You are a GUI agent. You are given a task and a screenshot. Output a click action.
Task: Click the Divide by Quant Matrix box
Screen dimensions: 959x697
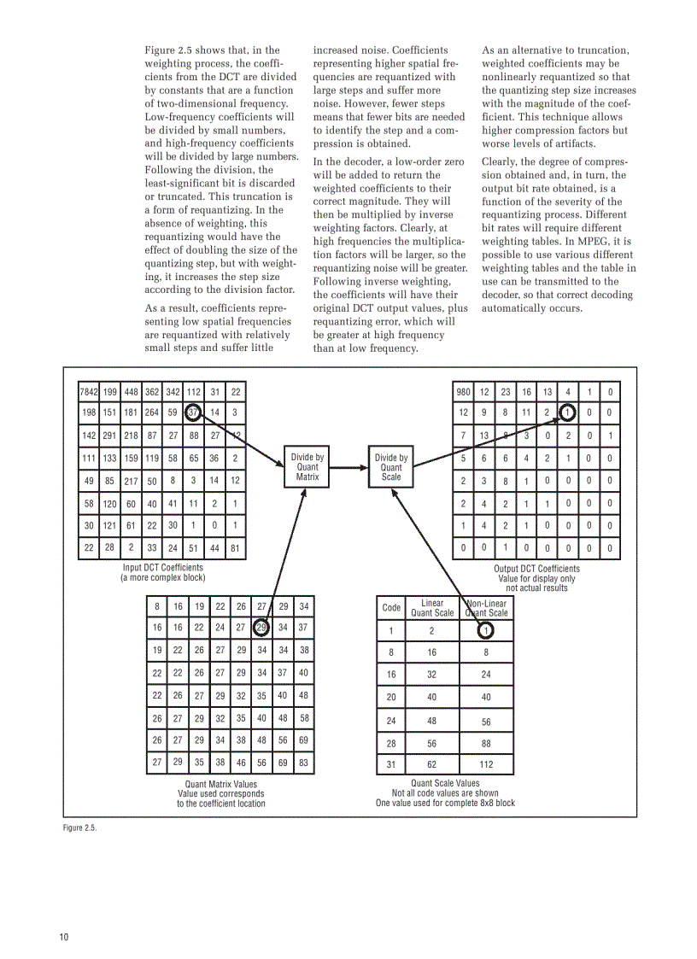tap(307, 467)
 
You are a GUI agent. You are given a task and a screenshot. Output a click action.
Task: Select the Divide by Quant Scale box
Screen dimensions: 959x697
tap(391, 467)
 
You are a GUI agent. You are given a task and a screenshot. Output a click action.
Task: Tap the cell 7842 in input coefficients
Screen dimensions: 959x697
tap(88, 393)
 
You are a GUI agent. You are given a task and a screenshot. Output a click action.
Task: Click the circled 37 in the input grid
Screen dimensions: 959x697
tap(193, 412)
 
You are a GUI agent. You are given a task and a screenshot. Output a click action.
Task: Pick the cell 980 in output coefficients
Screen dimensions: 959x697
tap(463, 393)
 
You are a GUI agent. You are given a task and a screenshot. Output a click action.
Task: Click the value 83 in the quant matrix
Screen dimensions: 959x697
tap(303, 762)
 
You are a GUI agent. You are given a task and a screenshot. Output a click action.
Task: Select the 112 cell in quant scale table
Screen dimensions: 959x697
tap(486, 764)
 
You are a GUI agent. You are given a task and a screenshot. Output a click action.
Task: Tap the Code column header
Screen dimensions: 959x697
tap(391, 608)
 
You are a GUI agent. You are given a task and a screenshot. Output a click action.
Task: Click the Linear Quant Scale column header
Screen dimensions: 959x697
tap(432, 608)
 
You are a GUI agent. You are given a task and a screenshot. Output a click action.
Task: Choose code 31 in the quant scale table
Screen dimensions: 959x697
tap(391, 764)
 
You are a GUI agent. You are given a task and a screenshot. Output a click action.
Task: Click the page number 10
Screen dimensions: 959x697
tap(63, 937)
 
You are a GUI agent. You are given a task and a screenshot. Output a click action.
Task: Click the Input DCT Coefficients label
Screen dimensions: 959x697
tap(162, 568)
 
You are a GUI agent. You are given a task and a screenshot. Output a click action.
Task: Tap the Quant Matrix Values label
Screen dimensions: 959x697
tap(220, 784)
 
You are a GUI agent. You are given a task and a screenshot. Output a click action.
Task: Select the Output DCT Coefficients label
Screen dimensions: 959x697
tap(536, 569)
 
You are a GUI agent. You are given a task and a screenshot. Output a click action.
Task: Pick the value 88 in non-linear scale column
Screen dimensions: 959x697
tap(486, 743)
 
